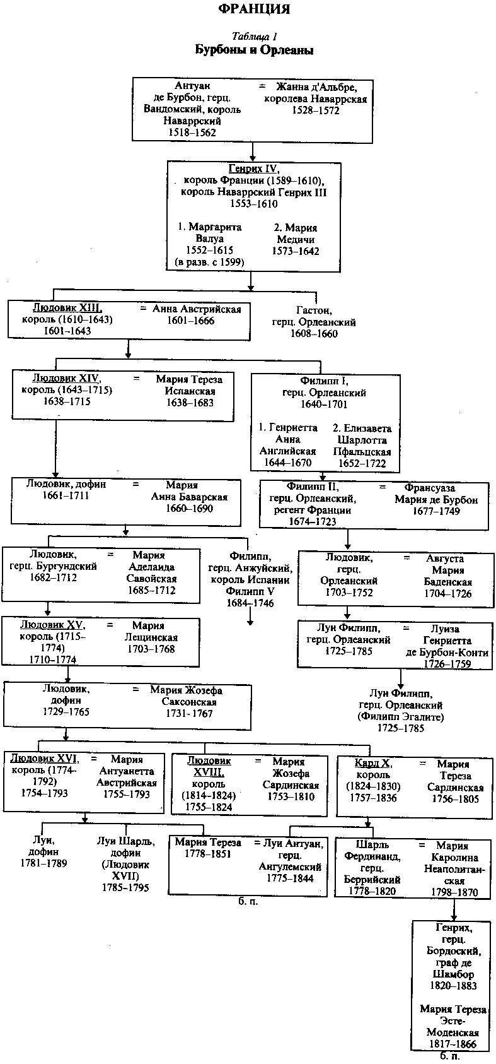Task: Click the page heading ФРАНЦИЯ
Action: pos(254,9)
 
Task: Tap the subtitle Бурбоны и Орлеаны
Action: pos(254,50)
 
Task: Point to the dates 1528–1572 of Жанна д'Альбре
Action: pos(315,110)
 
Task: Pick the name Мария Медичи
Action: pos(296,233)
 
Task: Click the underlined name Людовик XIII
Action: pos(67,308)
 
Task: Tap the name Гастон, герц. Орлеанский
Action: pos(313,316)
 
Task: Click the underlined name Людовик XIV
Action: pos(66,379)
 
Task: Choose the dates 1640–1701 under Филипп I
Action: pos(325,404)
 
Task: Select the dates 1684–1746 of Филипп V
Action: pos(250,603)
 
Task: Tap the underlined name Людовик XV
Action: pos(52,625)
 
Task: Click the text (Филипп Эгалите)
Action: pos(400,717)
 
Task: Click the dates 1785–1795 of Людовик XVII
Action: pos(125,887)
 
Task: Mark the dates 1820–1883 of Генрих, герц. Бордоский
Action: pos(453,986)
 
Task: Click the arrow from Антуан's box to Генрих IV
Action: pos(253,151)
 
